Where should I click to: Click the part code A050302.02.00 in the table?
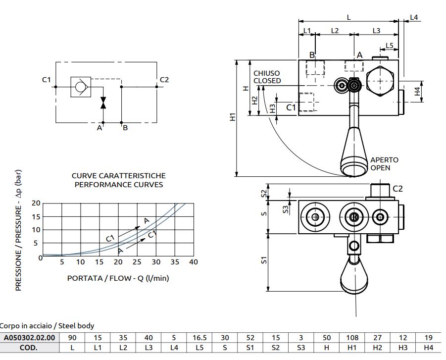point(29,338)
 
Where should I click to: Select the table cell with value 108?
point(352,338)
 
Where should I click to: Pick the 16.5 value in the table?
point(199,338)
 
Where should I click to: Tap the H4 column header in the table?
point(428,348)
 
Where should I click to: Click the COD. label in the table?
point(28,348)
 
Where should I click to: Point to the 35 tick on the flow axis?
point(175,262)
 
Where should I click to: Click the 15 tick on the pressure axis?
point(36,216)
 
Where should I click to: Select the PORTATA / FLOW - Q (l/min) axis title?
point(118,278)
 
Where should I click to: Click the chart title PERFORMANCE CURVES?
point(119,184)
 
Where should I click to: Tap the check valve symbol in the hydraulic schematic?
point(81,87)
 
